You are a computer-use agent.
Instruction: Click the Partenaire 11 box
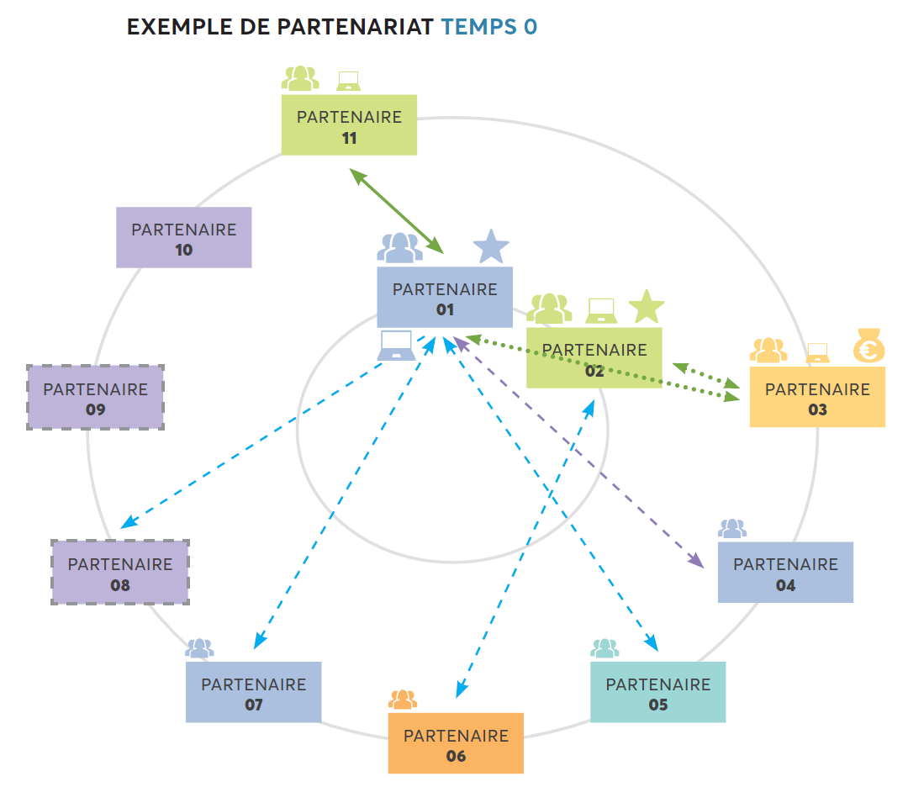coord(349,125)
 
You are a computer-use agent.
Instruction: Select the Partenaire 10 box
coord(183,238)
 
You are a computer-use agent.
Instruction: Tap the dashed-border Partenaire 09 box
coord(95,398)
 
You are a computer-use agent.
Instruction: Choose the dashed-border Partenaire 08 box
coord(120,573)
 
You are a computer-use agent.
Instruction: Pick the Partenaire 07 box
coord(253,692)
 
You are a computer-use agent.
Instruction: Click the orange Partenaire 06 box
coord(456,743)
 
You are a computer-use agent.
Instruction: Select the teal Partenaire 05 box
coord(657,692)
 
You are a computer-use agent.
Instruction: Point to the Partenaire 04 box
coord(785,573)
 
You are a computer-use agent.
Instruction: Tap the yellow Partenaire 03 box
coord(817,398)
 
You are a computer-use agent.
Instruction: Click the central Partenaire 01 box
coord(445,298)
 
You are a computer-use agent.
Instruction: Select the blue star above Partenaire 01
coord(491,246)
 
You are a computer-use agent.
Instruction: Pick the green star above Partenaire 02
coord(647,307)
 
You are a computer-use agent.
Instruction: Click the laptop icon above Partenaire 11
coord(348,81)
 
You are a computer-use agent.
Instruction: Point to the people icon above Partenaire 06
coord(403,700)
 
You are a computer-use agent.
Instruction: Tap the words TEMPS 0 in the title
coord(489,27)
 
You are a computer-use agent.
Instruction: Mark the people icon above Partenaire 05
coord(604,648)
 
